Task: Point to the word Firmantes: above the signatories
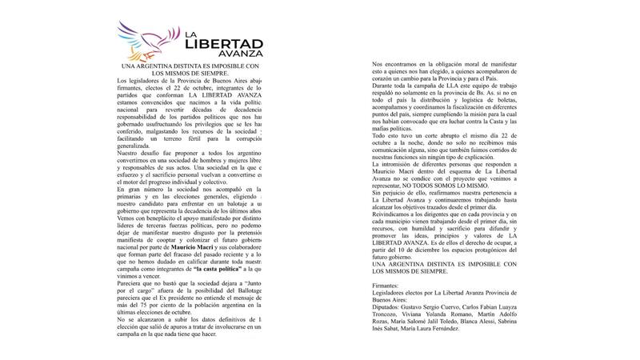390,285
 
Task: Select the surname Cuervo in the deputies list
475,305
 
